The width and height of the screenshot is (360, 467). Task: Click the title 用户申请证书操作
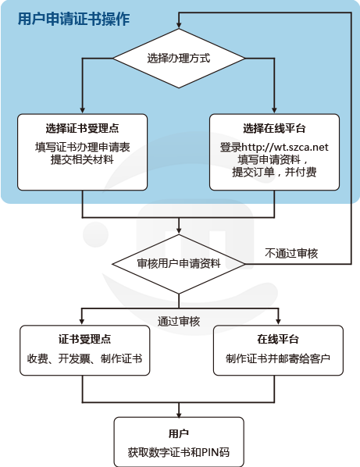click(74, 20)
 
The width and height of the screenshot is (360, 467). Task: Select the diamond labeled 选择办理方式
click(179, 59)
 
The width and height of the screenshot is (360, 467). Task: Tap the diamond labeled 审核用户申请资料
click(179, 264)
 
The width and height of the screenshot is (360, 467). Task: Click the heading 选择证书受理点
click(83, 128)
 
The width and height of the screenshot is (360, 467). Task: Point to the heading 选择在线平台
click(274, 128)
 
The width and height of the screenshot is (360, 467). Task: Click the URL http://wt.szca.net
click(285, 147)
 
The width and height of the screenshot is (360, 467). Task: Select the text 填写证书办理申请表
click(83, 147)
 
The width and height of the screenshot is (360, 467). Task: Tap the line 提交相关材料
click(83, 159)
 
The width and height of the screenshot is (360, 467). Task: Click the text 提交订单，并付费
click(274, 172)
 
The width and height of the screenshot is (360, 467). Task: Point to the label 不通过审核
click(291, 254)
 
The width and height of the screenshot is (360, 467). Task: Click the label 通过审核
click(179, 322)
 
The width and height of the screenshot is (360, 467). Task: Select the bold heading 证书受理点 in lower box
click(85, 339)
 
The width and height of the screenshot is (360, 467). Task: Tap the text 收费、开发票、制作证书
click(85, 358)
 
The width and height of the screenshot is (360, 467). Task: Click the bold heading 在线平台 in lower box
click(278, 339)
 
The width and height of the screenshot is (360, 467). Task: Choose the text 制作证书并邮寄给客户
click(278, 358)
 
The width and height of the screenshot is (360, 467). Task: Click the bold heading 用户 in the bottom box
click(179, 433)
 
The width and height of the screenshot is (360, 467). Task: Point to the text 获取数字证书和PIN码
click(179, 452)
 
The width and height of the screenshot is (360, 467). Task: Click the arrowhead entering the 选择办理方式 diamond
click(179, 25)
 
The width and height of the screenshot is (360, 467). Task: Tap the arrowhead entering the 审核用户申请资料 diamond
click(179, 230)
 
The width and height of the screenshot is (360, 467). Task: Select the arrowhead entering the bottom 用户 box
click(179, 413)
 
